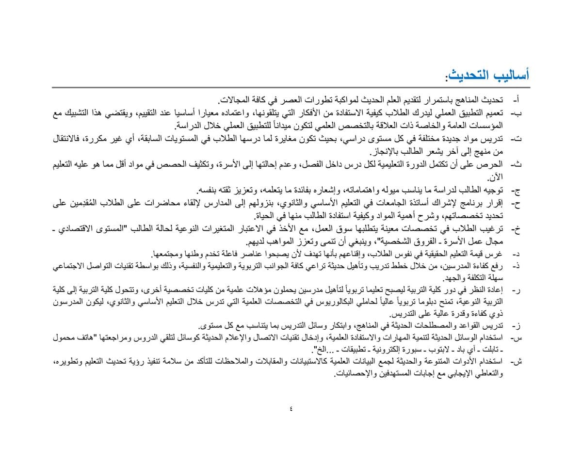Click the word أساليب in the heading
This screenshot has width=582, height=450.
coord(509,76)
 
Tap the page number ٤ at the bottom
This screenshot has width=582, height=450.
coord(291,408)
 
